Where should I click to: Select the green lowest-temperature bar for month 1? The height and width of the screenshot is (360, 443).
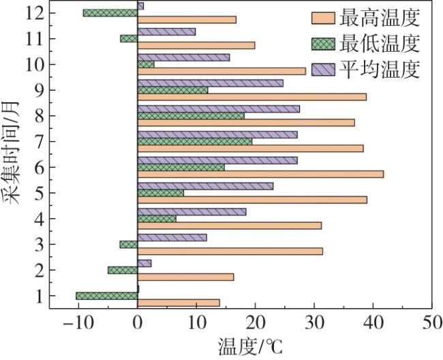pos(107,296)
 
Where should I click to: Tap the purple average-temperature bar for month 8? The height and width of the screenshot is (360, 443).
pos(218,108)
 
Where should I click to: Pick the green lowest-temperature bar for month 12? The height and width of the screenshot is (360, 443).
pos(110,12)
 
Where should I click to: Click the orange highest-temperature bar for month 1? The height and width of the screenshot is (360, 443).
pos(179,303)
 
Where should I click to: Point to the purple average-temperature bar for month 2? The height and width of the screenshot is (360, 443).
pos(144,263)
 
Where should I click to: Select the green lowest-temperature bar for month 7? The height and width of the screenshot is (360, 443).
pos(195,141)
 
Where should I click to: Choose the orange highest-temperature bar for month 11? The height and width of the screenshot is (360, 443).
pos(196,46)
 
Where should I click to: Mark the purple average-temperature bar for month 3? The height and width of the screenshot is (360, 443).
pos(172,237)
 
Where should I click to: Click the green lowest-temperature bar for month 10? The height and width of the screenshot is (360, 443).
pos(146,64)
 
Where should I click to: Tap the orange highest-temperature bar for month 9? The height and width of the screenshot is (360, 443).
pos(252,97)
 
